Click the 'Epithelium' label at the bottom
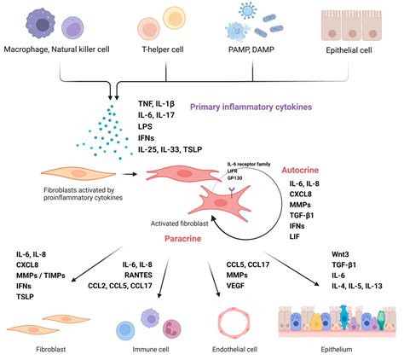tap(343, 350)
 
